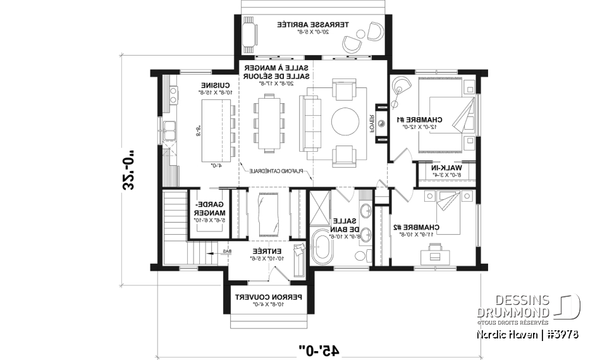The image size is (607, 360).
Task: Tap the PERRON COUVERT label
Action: point(268,297)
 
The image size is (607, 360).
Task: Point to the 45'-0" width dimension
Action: point(319,349)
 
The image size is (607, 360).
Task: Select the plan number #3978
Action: point(562,333)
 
